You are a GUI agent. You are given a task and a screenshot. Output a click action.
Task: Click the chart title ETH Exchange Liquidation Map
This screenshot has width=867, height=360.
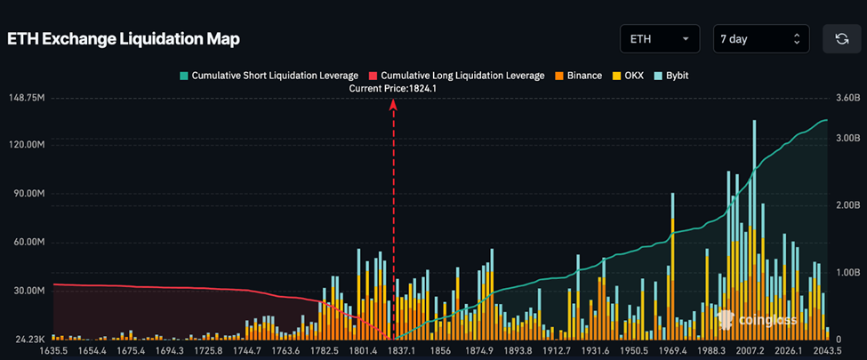tap(124, 40)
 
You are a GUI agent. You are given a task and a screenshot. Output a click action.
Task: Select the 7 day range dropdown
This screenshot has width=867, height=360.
tap(760, 39)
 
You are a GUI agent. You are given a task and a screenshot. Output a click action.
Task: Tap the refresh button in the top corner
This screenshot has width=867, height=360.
tap(841, 39)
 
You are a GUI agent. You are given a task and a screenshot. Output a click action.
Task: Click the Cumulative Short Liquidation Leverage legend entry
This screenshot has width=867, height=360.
tap(269, 76)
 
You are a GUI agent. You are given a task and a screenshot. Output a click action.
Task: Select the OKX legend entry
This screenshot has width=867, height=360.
tap(628, 76)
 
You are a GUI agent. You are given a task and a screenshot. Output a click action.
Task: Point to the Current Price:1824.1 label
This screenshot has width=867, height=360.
tap(393, 88)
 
